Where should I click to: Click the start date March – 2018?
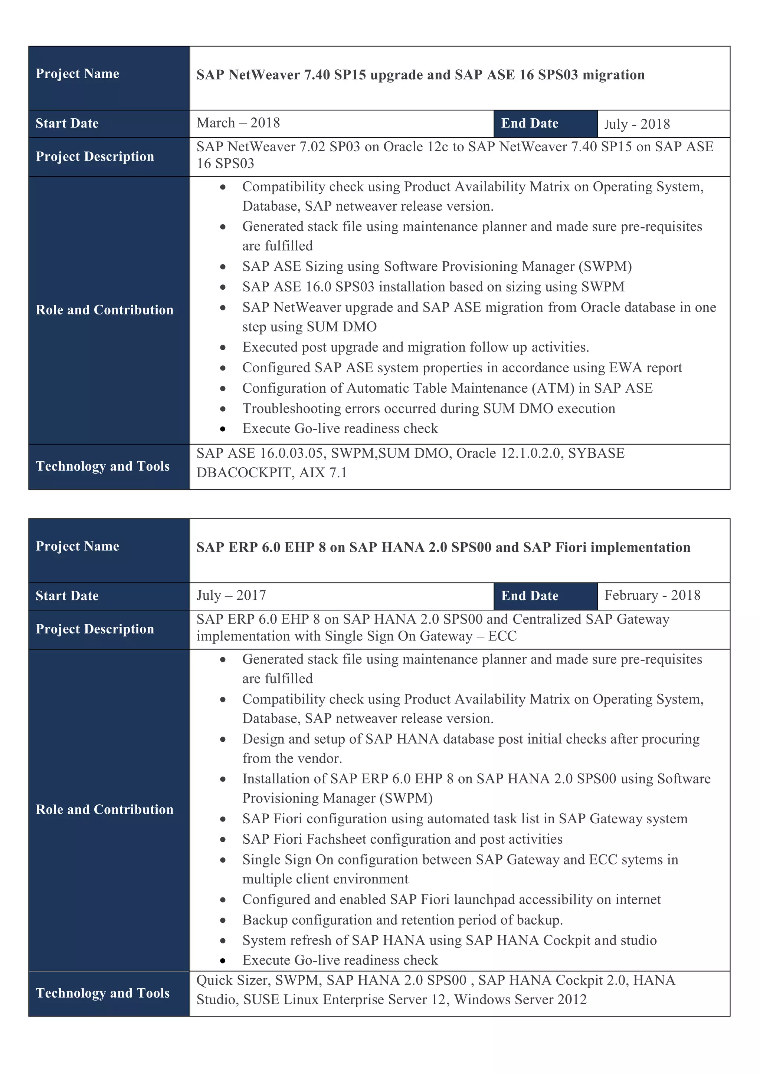point(238,123)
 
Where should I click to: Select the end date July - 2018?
point(636,124)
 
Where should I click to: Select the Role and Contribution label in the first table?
point(104,310)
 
